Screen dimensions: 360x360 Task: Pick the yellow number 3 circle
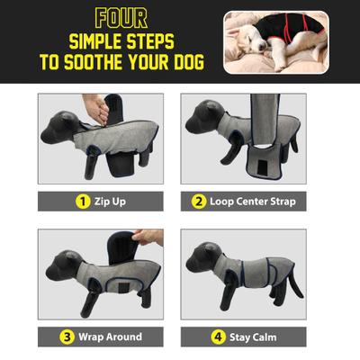tap(67, 337)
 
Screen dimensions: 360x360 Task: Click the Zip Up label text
tap(107, 201)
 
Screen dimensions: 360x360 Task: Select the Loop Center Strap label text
tap(251, 201)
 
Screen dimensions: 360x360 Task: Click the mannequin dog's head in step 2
tap(200, 115)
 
